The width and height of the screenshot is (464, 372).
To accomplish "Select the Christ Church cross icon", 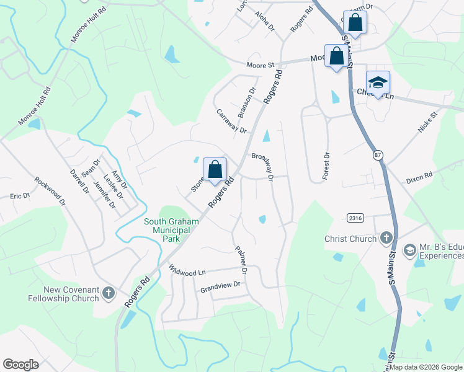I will point(385,238).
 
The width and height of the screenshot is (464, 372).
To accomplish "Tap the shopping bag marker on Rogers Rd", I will point(215,169).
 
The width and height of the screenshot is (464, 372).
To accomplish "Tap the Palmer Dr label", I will point(241,260).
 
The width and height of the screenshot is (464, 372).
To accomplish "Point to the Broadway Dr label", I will point(263,166).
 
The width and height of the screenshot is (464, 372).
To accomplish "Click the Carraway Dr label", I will point(232,122).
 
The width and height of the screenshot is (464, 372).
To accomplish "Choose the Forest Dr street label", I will point(325,166).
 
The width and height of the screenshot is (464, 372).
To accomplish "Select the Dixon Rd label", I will point(419,177).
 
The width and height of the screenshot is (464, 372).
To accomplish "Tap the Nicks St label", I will point(427,122).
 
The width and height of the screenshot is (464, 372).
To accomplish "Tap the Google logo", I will point(20,365).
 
